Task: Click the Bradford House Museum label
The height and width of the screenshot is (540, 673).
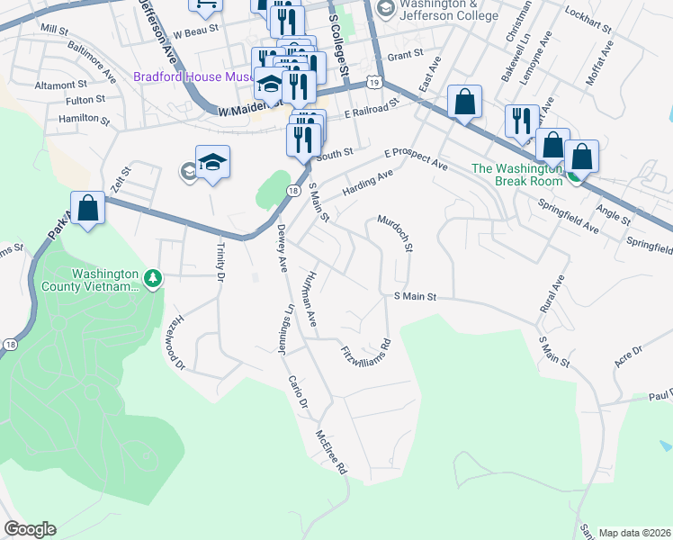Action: coord(193,77)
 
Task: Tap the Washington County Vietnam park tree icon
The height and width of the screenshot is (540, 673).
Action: coord(154,279)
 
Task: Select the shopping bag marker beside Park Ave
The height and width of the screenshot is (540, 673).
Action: coord(88,208)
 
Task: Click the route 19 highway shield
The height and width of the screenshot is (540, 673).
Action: coord(372,83)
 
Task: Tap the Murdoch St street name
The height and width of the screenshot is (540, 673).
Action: coord(395,233)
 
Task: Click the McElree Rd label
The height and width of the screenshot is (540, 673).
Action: coord(330,453)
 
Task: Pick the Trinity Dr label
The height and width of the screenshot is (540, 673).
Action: coord(220,262)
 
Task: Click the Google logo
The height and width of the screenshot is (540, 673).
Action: coord(30,529)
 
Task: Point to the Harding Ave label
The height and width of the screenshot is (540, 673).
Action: coord(369,184)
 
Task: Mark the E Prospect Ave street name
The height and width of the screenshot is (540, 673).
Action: coord(415,160)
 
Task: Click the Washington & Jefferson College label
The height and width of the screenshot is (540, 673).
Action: coord(436,11)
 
